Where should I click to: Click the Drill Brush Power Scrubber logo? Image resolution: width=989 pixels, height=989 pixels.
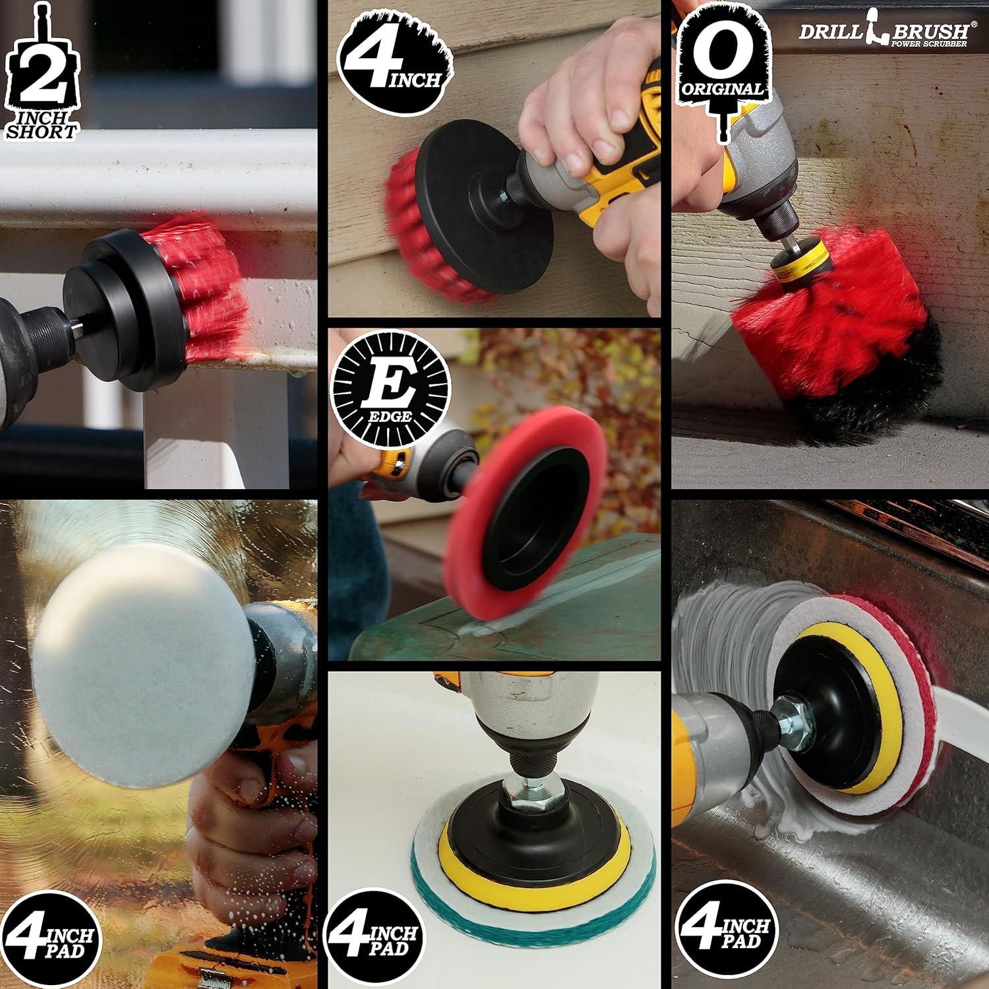(x=884, y=33)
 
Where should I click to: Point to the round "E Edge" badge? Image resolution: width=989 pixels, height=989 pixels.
(x=390, y=386)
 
